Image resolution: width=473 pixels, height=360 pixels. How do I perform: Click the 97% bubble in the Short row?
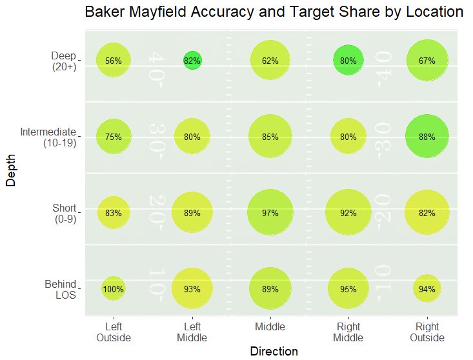point(270,213)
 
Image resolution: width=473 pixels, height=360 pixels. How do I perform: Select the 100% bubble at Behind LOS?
point(114,289)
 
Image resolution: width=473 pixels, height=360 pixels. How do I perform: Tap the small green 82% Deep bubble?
point(192,61)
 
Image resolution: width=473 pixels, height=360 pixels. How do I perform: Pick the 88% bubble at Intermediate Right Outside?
point(427,137)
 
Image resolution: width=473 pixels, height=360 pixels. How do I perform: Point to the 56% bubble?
point(114,61)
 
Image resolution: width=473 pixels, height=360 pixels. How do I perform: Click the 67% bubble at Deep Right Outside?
point(427,61)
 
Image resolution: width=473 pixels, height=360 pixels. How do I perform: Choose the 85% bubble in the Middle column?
point(270,137)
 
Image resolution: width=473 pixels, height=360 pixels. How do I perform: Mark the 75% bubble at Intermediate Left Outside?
point(114,137)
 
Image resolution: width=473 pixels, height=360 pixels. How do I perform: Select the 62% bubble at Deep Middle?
point(270,61)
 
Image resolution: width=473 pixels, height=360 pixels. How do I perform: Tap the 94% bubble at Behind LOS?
point(427,289)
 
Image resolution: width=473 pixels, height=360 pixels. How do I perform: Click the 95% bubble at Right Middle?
point(348,289)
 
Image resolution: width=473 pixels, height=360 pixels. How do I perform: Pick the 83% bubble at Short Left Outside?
point(114,213)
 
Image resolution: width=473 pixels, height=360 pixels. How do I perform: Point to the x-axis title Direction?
point(274,352)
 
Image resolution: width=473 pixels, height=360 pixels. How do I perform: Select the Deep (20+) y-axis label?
point(63,61)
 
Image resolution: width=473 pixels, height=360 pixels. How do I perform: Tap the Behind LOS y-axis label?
point(61,290)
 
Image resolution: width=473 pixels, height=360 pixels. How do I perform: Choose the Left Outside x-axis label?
point(114,332)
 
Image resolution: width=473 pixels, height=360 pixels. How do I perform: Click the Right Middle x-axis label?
point(348,332)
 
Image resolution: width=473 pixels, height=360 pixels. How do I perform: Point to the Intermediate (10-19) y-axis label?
point(48,137)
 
